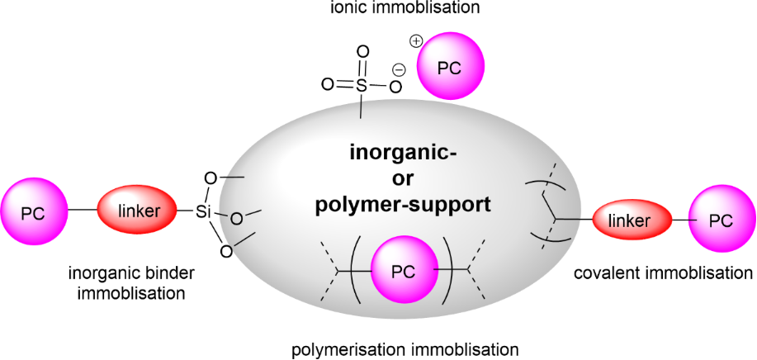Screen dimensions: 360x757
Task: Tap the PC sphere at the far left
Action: pos(34,212)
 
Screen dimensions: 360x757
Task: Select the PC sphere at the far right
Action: pos(721,220)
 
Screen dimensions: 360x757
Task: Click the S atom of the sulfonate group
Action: pos(361,84)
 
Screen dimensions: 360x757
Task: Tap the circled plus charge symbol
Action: pos(416,40)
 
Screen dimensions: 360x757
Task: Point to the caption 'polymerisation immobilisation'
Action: pos(405,348)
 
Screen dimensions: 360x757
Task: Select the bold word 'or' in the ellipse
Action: pos(403,178)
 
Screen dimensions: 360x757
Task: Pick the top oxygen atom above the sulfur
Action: pos(361,51)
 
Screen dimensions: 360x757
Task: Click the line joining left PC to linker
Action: pos(83,212)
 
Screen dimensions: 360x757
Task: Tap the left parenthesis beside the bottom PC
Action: pos(353,269)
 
